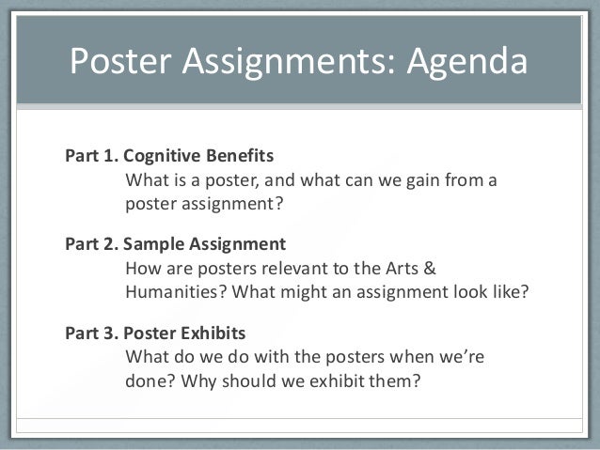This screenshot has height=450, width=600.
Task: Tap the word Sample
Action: [x=153, y=244]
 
